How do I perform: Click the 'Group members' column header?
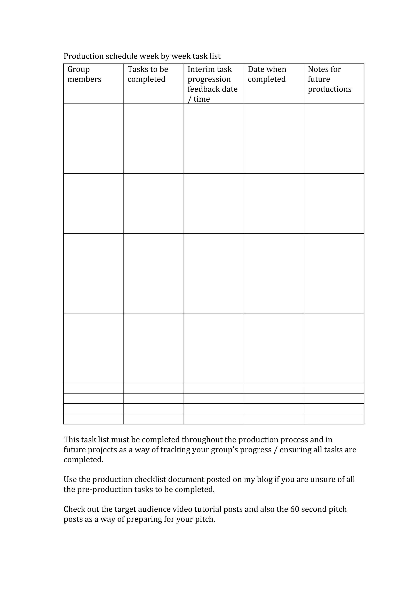coord(84,74)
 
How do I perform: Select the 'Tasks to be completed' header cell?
coord(148,74)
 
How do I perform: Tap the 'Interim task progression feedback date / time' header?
coord(212,84)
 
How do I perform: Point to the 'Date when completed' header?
coord(267,74)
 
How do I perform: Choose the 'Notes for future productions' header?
coord(329,79)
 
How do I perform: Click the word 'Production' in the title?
coord(84,56)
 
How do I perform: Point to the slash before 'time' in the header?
coord(189,99)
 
